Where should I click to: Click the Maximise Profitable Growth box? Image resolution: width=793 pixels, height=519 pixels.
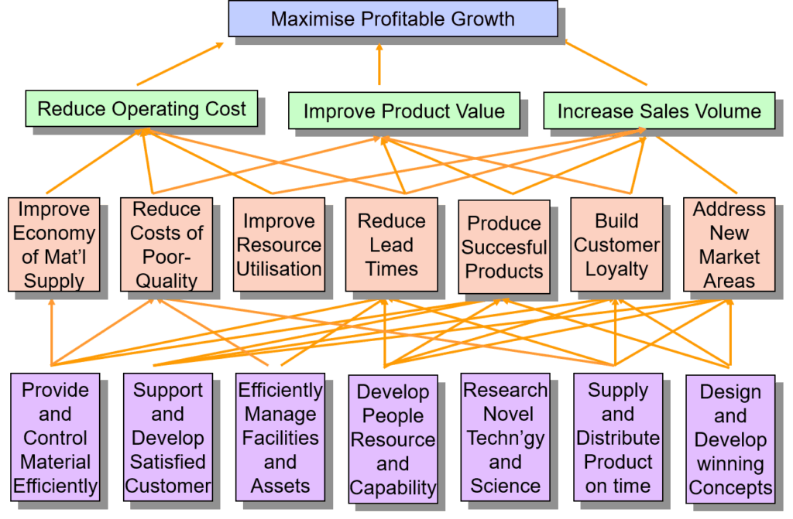pos(393,19)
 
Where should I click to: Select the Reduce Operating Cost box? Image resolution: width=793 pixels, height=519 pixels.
pos(141,109)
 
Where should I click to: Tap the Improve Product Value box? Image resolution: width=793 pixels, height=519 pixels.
pos(403,111)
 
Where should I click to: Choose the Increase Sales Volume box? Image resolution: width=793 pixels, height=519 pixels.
pos(658,111)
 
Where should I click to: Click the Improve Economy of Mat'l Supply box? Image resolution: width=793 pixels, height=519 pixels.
pos(54,244)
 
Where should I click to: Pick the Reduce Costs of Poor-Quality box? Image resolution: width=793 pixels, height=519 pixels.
pos(166,244)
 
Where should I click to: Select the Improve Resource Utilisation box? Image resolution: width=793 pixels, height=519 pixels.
pos(278,245)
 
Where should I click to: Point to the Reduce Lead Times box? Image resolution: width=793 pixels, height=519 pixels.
pos(391,245)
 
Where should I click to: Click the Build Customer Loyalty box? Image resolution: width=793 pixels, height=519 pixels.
pos(616,245)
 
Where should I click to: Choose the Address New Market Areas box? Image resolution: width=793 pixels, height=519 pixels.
pos(729,244)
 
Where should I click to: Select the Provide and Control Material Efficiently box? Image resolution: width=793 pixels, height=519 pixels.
pos(55,438)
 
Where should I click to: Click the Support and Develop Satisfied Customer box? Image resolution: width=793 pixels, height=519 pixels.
pos(167,438)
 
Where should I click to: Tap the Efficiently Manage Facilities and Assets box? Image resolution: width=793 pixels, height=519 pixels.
pos(280,438)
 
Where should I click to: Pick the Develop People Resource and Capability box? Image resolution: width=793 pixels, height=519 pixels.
pos(393,439)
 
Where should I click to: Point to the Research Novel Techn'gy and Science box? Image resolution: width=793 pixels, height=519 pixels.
pos(505,438)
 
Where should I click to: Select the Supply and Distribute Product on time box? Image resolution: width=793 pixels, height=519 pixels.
pos(617,438)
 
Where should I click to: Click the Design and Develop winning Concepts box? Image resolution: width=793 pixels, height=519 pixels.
pos(730,439)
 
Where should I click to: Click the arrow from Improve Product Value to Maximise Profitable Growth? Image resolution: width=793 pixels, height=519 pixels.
pos(379,66)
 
